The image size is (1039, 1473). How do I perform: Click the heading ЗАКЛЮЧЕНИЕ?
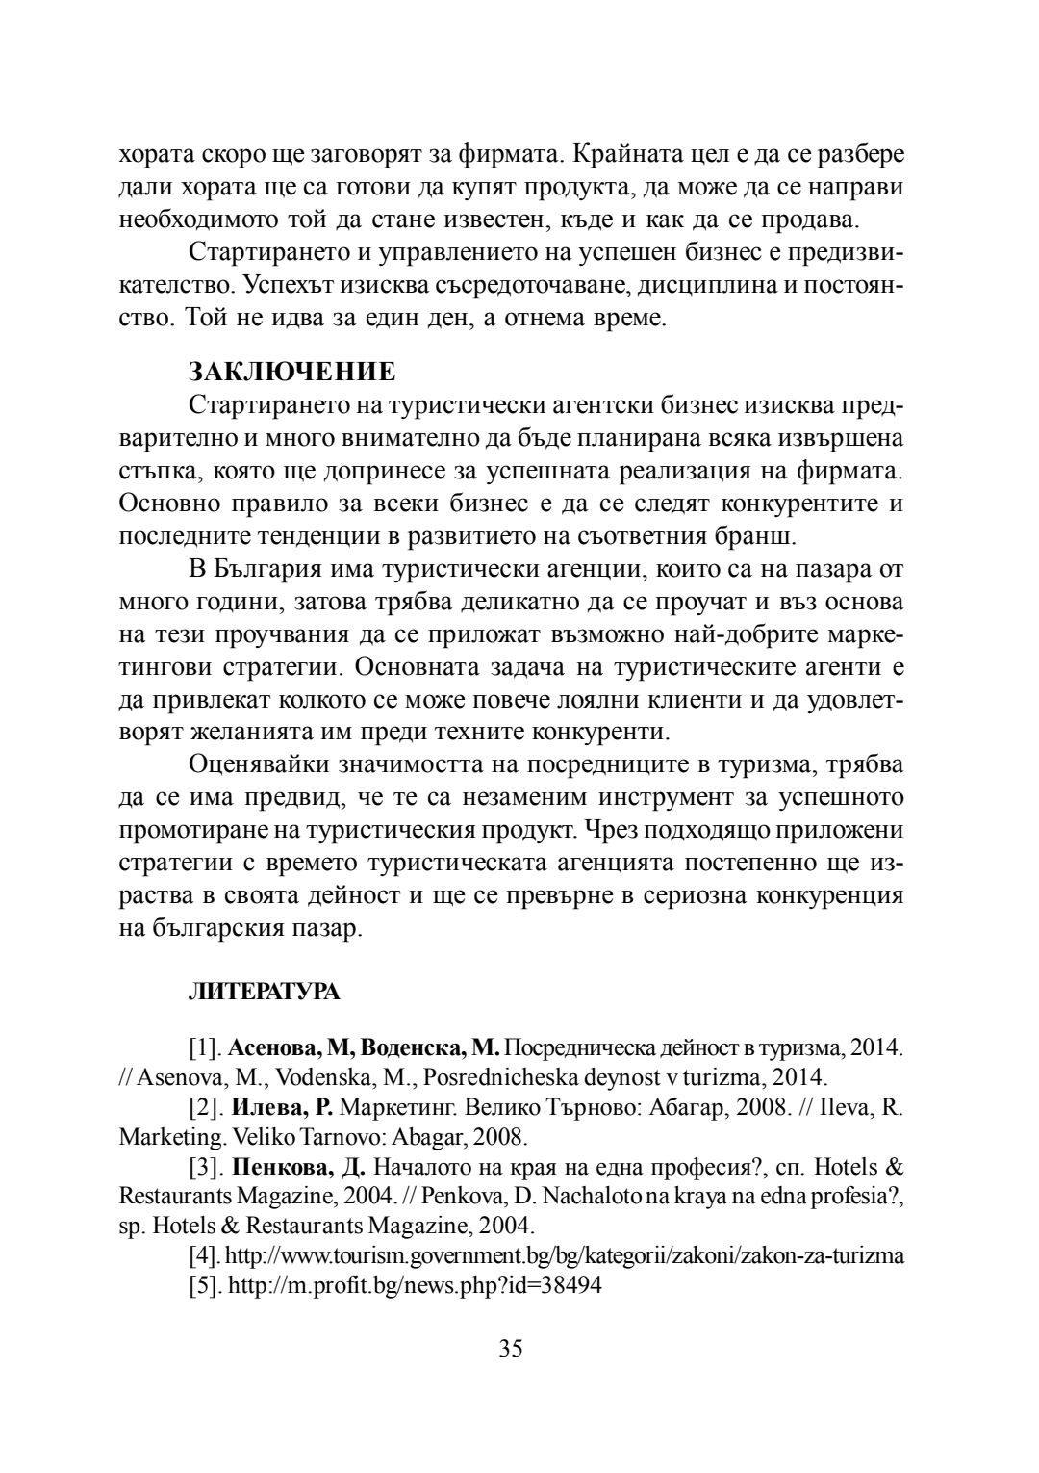pos(291,371)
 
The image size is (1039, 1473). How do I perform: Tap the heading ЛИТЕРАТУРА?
pos(264,993)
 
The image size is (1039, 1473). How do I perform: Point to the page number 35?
pos(511,1348)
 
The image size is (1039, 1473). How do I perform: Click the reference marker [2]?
pos(206,1107)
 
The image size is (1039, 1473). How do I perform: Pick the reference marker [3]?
pos(206,1168)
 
